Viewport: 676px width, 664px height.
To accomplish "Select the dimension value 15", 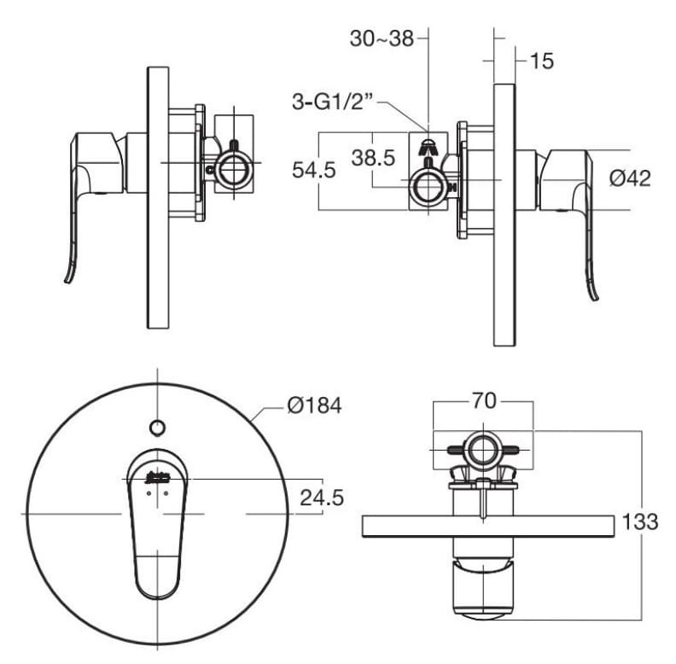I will pyautogui.click(x=541, y=61).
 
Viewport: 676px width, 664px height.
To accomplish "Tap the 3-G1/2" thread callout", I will pyautogui.click(x=334, y=103).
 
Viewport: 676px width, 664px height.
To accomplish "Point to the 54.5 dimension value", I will pyautogui.click(x=314, y=170).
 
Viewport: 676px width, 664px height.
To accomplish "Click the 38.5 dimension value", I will pyautogui.click(x=373, y=158).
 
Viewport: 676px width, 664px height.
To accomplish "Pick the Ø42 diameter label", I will pyautogui.click(x=631, y=178).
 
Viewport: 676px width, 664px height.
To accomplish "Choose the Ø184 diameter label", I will pyautogui.click(x=314, y=405).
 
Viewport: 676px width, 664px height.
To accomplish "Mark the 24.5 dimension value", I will pyautogui.click(x=321, y=498).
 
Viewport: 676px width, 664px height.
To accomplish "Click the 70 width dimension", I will pyautogui.click(x=484, y=401).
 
